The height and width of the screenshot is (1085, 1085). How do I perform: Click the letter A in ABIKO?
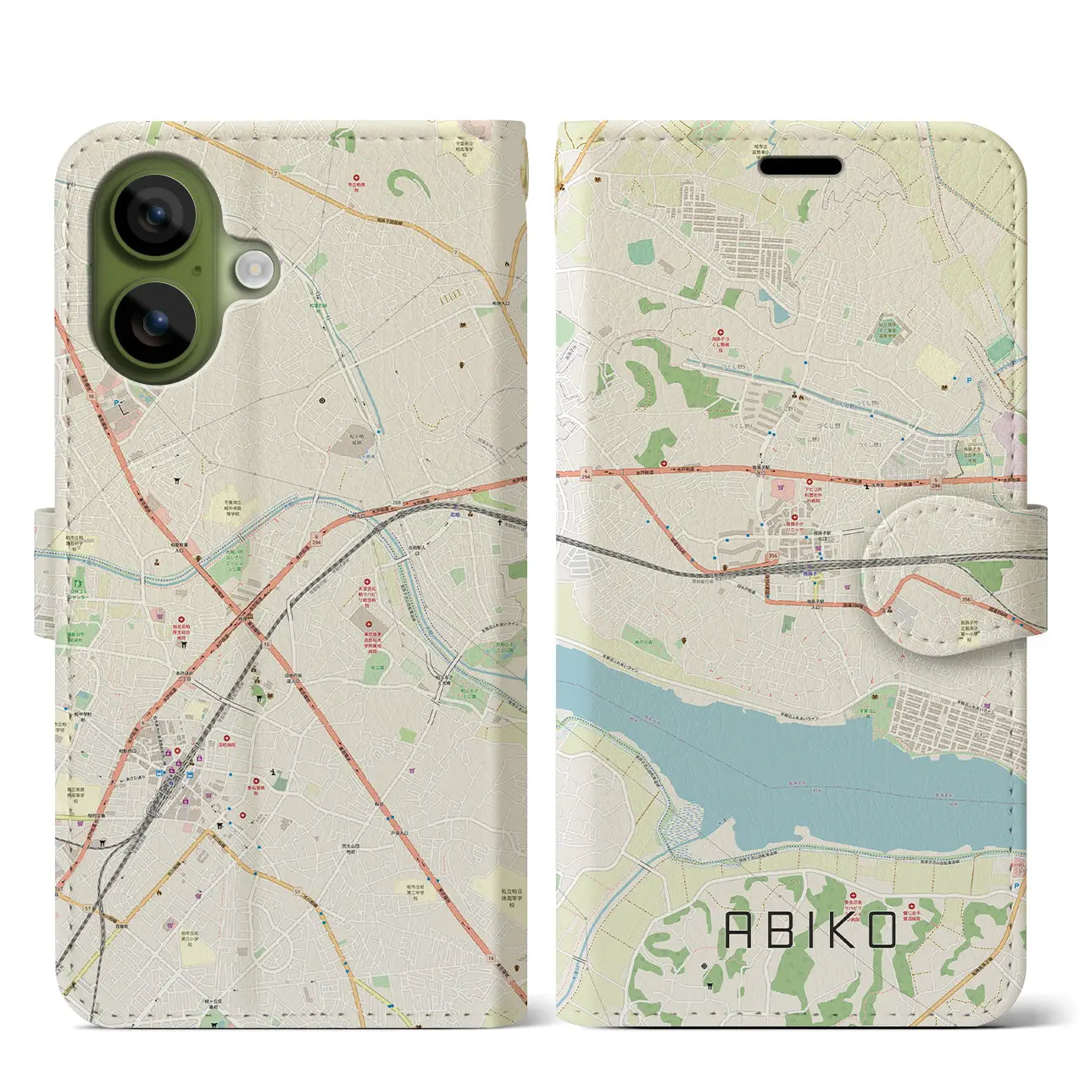738,931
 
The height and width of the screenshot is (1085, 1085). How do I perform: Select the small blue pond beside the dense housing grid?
767,296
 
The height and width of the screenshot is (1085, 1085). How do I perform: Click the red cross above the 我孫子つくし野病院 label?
721,334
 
